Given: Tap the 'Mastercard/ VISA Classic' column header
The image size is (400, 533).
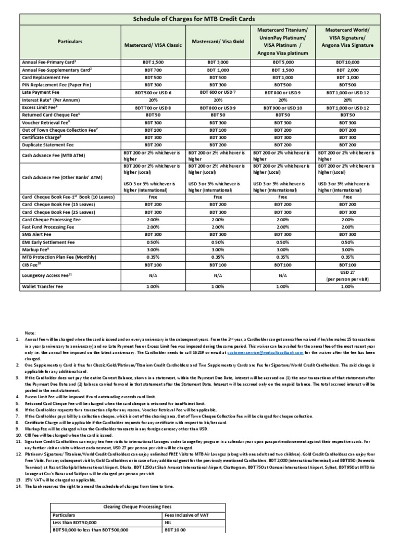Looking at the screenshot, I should pyautogui.click(x=153, y=45).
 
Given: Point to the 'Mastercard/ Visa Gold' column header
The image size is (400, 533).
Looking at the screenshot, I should pyautogui.click(x=218, y=41).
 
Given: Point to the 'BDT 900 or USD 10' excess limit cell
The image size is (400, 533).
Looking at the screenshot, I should pyautogui.click(x=283, y=107).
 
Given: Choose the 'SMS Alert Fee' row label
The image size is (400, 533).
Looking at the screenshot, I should pyautogui.click(x=37, y=235).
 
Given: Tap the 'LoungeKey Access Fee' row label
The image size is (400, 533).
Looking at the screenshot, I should pyautogui.click(x=48, y=276).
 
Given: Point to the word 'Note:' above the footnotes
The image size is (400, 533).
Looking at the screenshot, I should pyautogui.click(x=31, y=333).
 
